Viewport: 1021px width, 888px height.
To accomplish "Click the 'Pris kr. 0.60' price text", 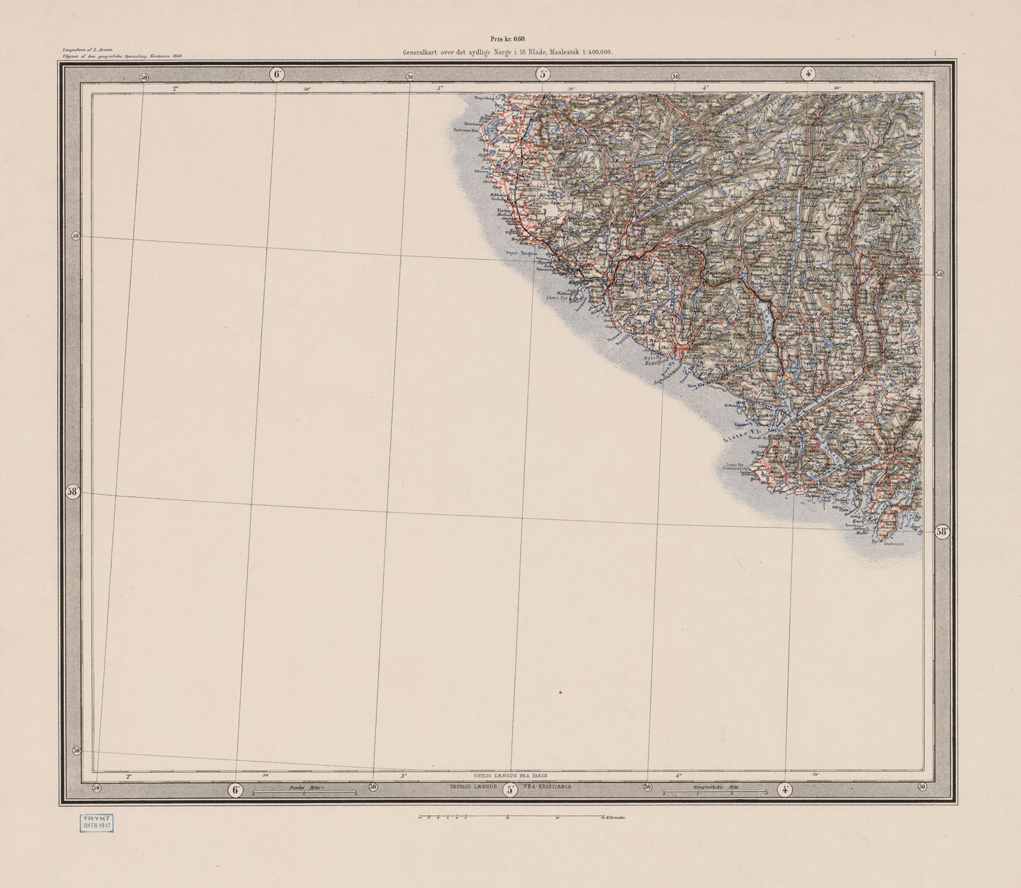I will [509, 40].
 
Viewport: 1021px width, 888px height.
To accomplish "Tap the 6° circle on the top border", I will [277, 73].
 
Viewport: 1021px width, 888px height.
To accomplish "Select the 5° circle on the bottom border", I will [510, 790].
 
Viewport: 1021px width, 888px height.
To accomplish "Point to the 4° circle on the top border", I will [808, 73].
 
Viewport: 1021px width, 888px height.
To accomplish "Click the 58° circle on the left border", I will [73, 493].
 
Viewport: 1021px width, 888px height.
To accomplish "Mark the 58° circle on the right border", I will [941, 532].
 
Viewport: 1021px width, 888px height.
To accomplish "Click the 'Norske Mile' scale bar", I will [305, 792].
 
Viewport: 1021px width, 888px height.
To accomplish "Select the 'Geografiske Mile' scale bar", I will [714, 792].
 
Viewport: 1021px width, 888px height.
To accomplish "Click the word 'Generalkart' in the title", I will [425, 52].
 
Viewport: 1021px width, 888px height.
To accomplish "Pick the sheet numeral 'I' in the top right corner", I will [934, 53].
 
